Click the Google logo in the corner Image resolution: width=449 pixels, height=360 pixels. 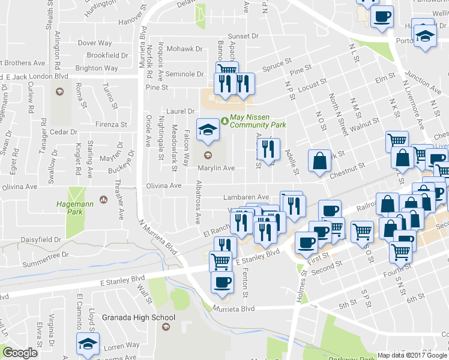[x=20, y=353]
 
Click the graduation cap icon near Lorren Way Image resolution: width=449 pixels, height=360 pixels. [x=88, y=346]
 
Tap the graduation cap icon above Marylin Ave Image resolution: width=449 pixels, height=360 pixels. [x=208, y=130]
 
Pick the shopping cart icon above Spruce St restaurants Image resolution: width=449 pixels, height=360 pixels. [x=227, y=71]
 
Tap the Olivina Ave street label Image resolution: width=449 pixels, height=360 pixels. [x=164, y=185]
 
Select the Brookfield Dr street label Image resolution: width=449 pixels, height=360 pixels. [x=107, y=55]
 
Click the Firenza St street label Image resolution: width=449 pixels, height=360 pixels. [x=111, y=125]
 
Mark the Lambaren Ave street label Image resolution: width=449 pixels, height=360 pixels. [x=246, y=197]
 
